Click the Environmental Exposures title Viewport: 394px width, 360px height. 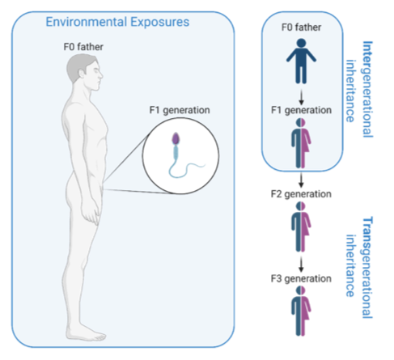117,22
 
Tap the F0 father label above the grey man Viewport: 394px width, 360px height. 83,47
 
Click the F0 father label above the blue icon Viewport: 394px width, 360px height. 301,28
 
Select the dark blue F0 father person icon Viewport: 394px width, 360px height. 301,61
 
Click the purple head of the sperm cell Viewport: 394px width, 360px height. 176,138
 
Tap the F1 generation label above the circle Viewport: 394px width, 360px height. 180,110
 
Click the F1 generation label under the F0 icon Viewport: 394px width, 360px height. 301,110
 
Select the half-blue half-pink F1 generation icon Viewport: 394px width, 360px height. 301,143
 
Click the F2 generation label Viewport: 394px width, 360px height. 301,194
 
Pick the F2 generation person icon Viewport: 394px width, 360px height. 301,227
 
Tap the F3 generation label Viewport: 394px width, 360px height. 301,278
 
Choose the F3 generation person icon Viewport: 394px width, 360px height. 301,311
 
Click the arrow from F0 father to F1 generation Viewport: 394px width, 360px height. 301,97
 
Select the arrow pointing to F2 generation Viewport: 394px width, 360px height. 301,180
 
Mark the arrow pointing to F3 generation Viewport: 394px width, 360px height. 301,265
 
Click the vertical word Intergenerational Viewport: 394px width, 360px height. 367,89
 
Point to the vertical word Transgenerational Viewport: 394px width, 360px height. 367,267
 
